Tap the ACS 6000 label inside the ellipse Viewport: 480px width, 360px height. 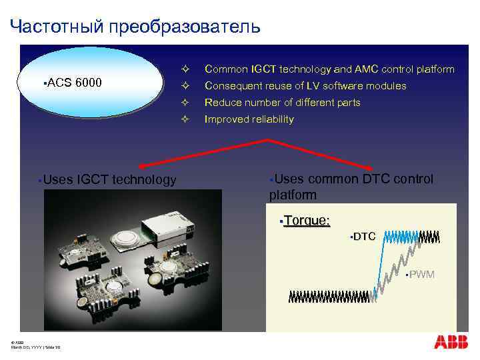tap(74, 83)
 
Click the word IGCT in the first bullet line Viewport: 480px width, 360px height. tap(262, 69)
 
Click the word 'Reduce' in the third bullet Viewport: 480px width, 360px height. tap(219, 103)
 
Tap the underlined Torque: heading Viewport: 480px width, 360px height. tap(307, 221)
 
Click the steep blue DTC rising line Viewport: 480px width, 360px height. tap(378, 267)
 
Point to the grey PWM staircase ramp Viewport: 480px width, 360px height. tap(400, 263)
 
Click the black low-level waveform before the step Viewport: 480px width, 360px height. tap(327, 297)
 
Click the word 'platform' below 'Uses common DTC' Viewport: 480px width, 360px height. tap(293, 194)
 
